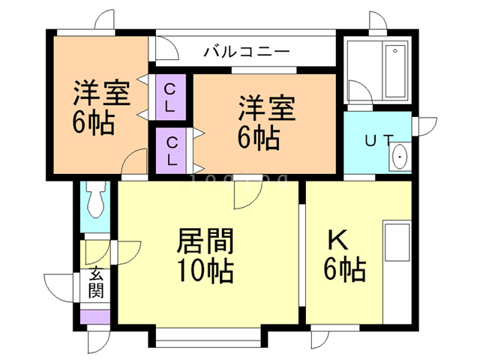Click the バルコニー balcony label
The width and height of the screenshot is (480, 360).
coord(246,52)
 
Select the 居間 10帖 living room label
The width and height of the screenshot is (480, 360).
coord(204,255)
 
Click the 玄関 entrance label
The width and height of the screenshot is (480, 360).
coord(95,283)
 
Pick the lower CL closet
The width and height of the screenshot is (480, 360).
coord(171,151)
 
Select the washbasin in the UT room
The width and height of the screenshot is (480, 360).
coord(400,157)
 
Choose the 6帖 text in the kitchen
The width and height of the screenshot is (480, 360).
coord(346,268)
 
